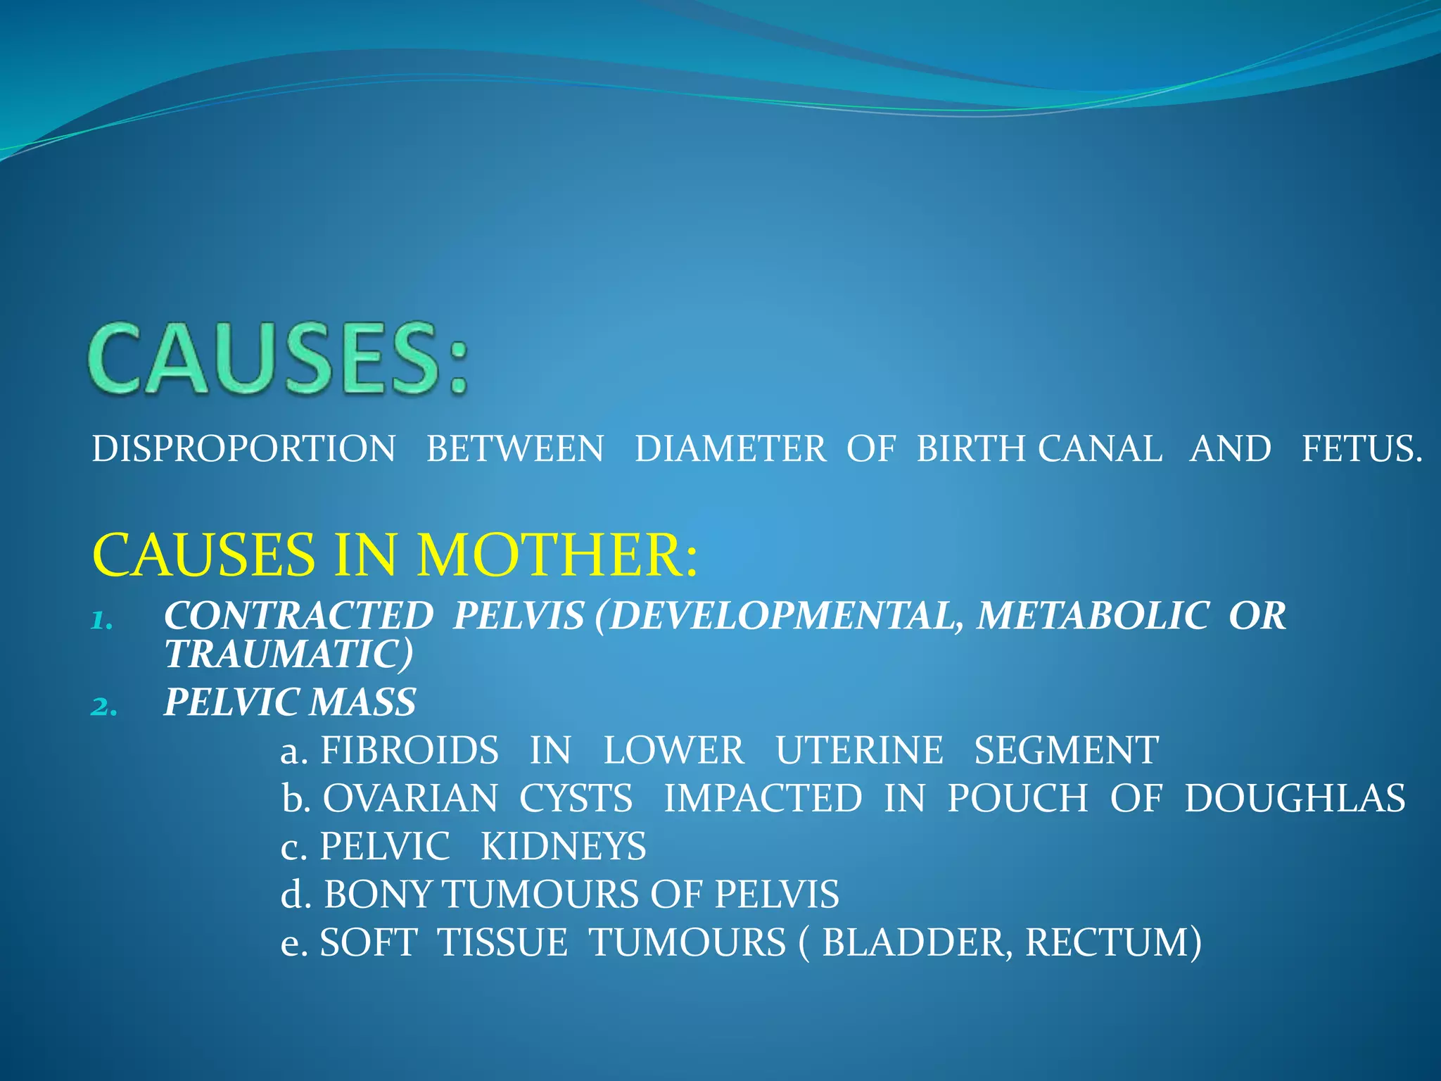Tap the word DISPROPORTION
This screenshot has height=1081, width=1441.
[x=243, y=449]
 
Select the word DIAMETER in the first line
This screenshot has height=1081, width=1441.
[x=730, y=449]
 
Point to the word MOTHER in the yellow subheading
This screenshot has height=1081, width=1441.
[x=557, y=555]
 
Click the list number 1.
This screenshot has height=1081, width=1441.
[x=102, y=620]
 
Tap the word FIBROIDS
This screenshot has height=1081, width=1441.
[x=410, y=750]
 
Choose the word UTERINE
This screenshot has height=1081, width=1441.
[x=859, y=750]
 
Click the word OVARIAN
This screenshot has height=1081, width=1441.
[x=410, y=798]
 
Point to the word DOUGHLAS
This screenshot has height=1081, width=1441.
[x=1295, y=798]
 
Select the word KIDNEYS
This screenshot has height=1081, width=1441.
[x=563, y=846]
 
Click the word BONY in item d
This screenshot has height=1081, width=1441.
[x=378, y=894]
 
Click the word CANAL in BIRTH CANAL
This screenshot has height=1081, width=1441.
[x=1100, y=449]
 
